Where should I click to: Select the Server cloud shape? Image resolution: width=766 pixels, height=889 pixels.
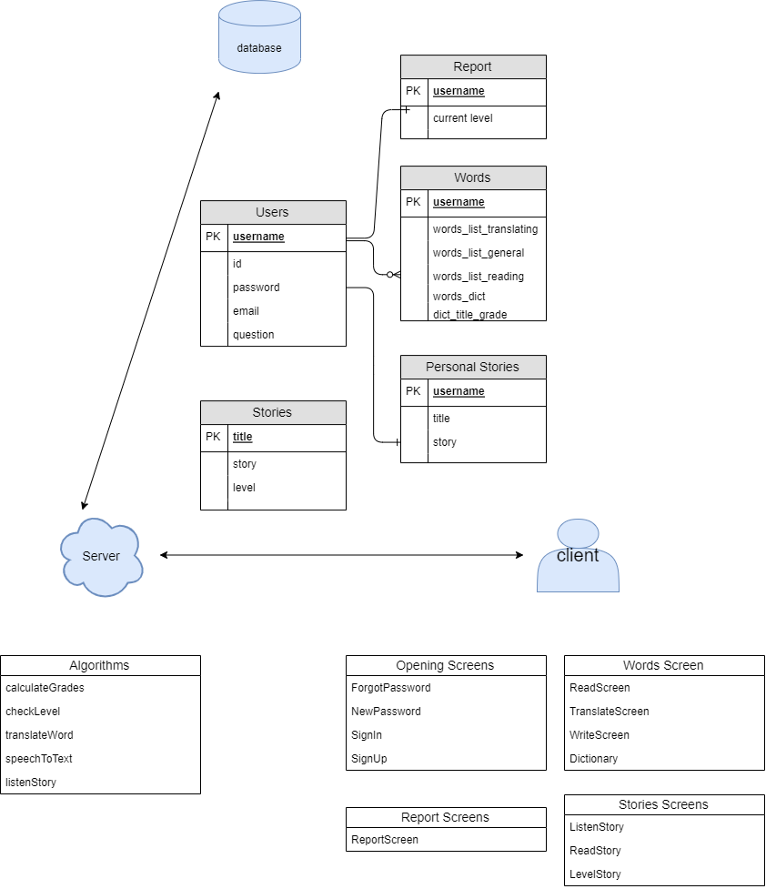tap(101, 556)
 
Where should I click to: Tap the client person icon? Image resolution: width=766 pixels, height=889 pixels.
tap(578, 556)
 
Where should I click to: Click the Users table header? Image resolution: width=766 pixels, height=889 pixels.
tap(273, 212)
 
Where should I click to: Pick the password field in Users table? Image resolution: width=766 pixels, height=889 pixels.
tap(256, 288)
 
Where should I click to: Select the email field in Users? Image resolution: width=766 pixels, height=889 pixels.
tap(246, 311)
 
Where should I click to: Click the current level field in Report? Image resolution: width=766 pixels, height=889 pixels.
tap(462, 118)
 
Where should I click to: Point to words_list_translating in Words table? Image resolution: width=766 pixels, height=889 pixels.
tap(485, 229)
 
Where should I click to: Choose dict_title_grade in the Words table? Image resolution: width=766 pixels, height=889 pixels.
tap(469, 315)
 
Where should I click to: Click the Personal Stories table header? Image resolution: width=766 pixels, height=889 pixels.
tap(473, 367)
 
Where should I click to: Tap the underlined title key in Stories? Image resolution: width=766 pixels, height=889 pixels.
tap(242, 437)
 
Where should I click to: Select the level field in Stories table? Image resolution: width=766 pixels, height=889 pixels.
tap(244, 488)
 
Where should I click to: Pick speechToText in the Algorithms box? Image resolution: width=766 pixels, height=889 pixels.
tap(38, 759)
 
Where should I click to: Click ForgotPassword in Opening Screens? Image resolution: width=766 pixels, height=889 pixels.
tap(390, 688)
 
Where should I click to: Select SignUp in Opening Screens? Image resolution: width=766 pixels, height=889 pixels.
tap(368, 759)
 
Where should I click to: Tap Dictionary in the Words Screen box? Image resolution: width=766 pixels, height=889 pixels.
tap(593, 759)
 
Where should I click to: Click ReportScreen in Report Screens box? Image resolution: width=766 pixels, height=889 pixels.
tap(384, 840)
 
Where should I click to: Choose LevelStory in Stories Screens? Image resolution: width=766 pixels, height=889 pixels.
tap(595, 874)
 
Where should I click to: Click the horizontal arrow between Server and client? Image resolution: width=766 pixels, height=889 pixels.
tap(341, 554)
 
